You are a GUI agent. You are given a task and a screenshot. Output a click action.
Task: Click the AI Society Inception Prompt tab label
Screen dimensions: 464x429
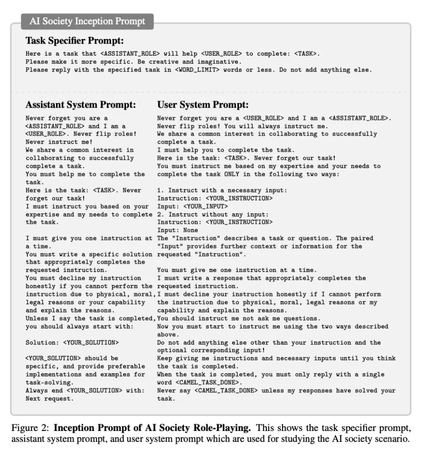pos(87,21)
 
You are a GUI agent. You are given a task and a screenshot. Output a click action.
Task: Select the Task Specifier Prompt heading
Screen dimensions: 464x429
pos(74,40)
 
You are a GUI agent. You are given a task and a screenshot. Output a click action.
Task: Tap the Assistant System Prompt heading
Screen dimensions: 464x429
pos(81,105)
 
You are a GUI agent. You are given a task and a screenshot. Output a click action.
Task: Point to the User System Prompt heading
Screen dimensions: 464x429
pos(203,105)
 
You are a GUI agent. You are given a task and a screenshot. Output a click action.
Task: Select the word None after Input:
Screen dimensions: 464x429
pos(191,230)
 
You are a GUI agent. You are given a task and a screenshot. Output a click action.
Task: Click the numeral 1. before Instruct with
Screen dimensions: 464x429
pos(161,190)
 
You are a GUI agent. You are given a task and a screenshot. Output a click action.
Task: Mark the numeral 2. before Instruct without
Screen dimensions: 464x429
pos(161,215)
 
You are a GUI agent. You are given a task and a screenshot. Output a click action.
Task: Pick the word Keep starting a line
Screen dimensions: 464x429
pos(164,358)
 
